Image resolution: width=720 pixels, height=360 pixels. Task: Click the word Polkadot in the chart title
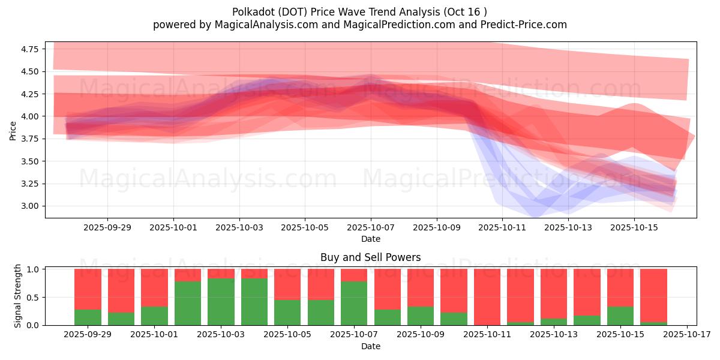250,12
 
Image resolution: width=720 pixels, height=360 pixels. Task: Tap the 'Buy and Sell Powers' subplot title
370,257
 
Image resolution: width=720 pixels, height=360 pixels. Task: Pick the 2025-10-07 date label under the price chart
370,228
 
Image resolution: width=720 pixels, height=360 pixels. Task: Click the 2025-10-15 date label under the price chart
634,228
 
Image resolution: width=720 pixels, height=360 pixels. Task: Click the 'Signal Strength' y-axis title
18,296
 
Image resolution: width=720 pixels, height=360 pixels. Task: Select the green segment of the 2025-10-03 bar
221,302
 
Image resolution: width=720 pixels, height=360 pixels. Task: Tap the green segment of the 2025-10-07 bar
354,303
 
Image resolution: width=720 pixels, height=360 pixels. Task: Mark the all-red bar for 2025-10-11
487,297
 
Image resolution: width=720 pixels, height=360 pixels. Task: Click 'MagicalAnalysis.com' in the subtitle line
261,25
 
